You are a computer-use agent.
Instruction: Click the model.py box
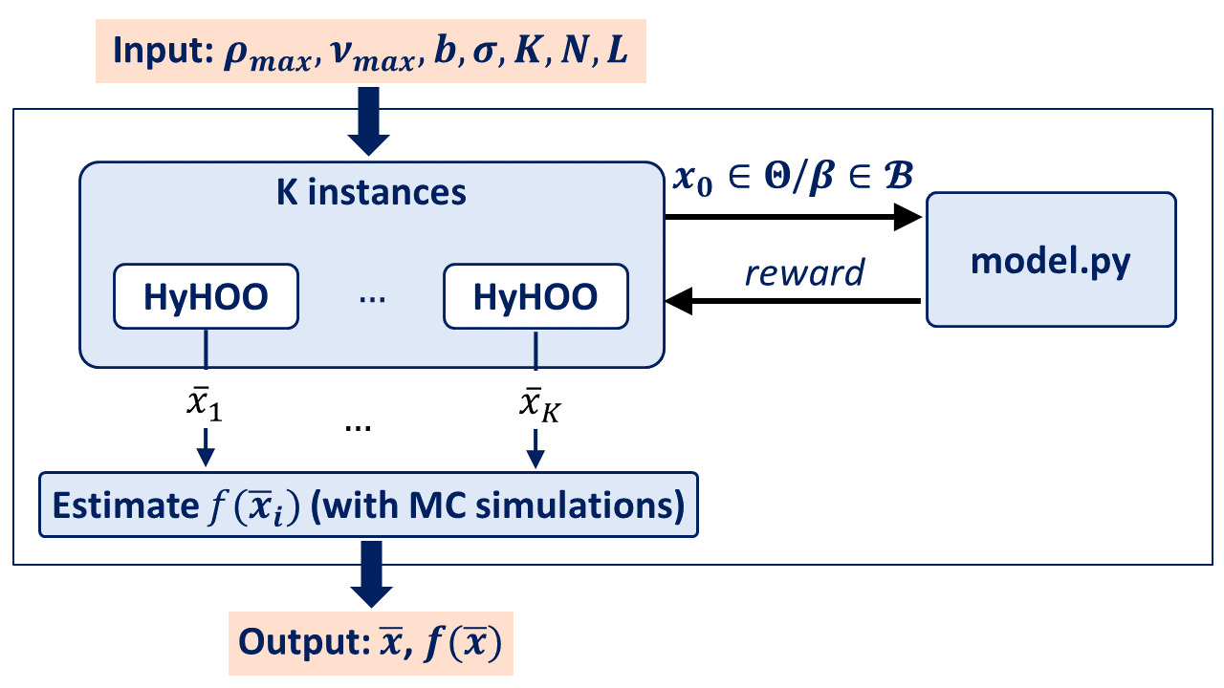click(x=1050, y=260)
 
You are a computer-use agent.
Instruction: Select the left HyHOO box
click(x=206, y=297)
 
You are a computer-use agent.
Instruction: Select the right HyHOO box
click(x=535, y=297)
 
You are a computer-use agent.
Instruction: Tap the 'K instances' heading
click(x=371, y=192)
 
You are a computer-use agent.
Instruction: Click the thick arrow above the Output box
click(x=369, y=573)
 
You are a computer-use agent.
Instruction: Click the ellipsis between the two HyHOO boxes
click(x=370, y=298)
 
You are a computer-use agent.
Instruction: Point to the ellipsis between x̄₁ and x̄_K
click(x=358, y=425)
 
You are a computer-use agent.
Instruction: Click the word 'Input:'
click(x=161, y=52)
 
